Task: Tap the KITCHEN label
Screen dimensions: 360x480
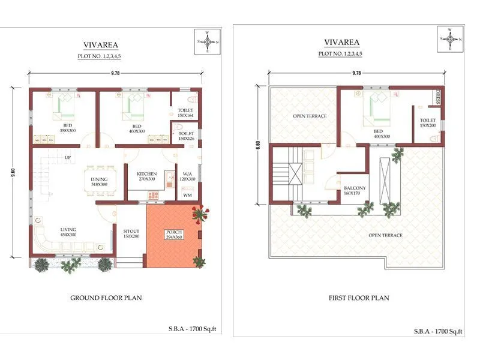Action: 147,176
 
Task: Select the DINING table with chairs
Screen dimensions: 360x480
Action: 100,178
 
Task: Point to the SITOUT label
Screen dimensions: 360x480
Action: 131,233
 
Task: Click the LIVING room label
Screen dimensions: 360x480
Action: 68,232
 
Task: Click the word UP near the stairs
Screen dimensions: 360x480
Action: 68,158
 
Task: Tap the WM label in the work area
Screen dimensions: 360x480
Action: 187,196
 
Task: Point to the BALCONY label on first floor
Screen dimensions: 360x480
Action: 351,190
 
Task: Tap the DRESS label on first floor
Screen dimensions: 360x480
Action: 437,97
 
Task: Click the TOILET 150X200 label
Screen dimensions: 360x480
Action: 428,123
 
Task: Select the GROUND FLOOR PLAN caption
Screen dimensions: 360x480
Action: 106,298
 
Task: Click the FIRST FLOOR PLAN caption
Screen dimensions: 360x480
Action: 359,298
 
